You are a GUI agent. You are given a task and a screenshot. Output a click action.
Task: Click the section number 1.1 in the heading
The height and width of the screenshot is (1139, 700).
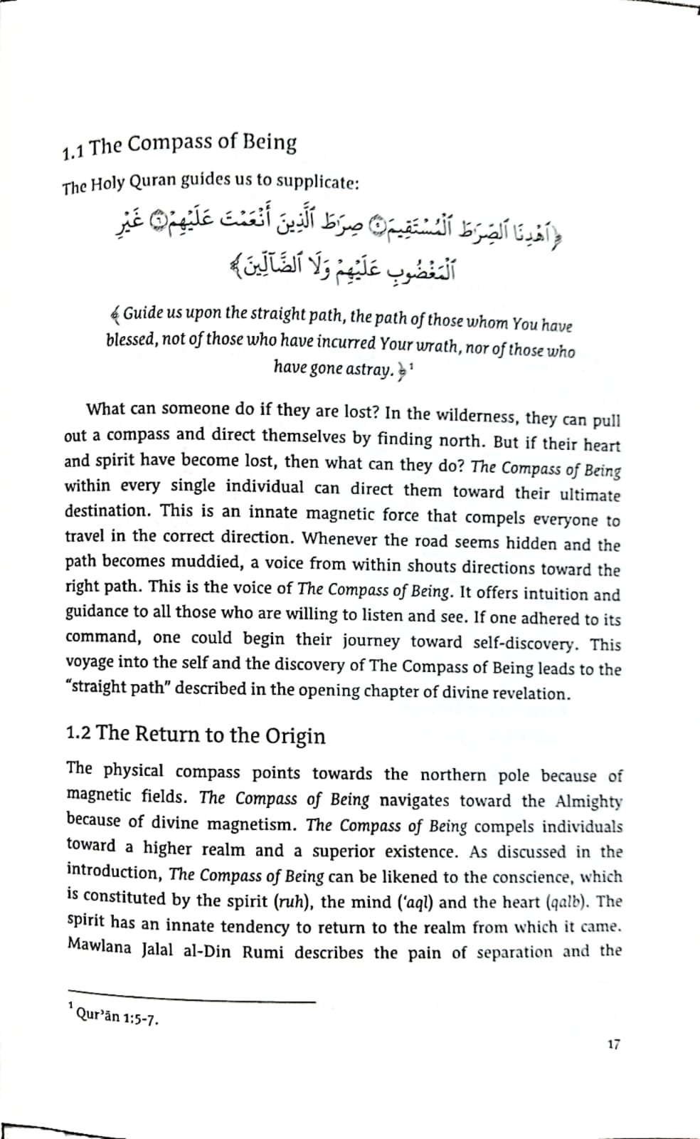pos(75,150)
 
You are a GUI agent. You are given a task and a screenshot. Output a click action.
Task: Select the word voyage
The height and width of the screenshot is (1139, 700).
pos(90,662)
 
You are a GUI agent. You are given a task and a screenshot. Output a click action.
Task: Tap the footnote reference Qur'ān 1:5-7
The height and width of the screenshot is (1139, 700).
pos(117,1016)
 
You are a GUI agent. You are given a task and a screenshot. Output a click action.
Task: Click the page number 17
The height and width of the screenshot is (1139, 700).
pos(614,1044)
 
